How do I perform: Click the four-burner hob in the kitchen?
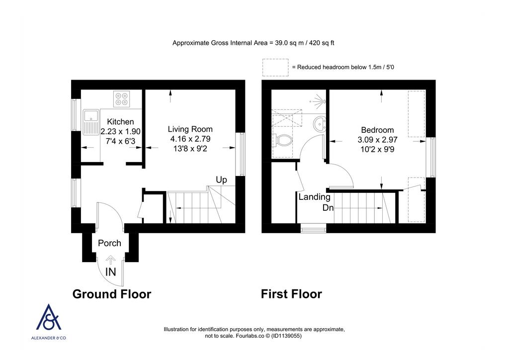tap(121, 99)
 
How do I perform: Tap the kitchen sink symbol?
tap(91, 122)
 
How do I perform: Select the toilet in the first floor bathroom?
tap(283, 141)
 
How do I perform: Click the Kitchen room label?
tap(120, 122)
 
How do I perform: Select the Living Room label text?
tap(190, 129)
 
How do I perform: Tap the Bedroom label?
tap(377, 130)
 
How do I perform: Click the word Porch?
tap(109, 243)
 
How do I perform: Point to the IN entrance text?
tap(110, 272)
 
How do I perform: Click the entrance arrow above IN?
tap(110, 260)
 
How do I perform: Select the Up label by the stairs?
tap(221, 180)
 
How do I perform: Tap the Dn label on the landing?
tap(328, 208)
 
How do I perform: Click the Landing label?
tap(314, 197)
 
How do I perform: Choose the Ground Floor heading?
tap(112, 294)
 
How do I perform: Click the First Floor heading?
tap(291, 294)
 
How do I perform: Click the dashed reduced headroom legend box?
tap(275, 67)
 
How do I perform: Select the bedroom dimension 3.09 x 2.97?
tap(377, 140)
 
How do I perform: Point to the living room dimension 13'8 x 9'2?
tap(190, 148)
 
